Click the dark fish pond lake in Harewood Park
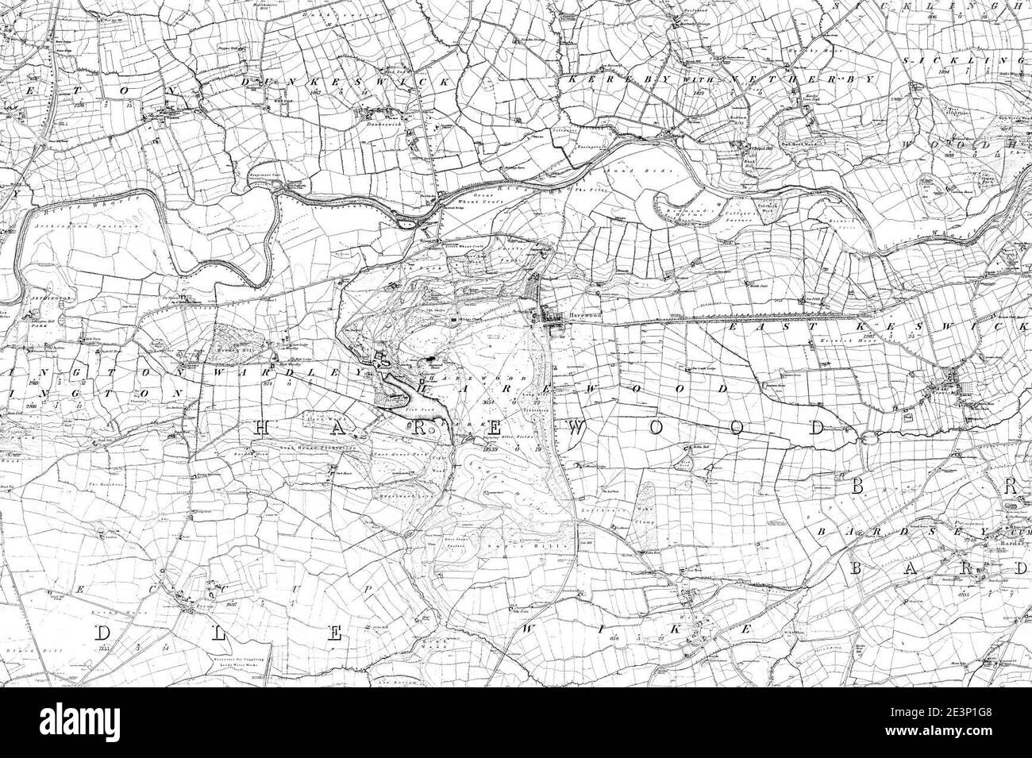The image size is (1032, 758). point(405,389)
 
